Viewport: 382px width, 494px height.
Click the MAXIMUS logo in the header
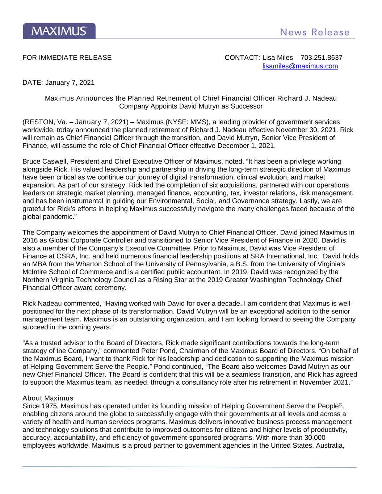[x=59, y=31]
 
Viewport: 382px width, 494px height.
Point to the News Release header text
[x=315, y=33]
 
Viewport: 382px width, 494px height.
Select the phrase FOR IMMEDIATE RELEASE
[x=67, y=58]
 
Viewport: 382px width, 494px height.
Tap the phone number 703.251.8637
[x=322, y=58]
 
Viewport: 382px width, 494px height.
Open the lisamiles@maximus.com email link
[x=300, y=66]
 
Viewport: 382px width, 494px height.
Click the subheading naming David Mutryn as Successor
[x=191, y=106]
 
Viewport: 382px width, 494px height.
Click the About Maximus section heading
[x=48, y=398]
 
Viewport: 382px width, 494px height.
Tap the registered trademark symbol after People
[x=340, y=404]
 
